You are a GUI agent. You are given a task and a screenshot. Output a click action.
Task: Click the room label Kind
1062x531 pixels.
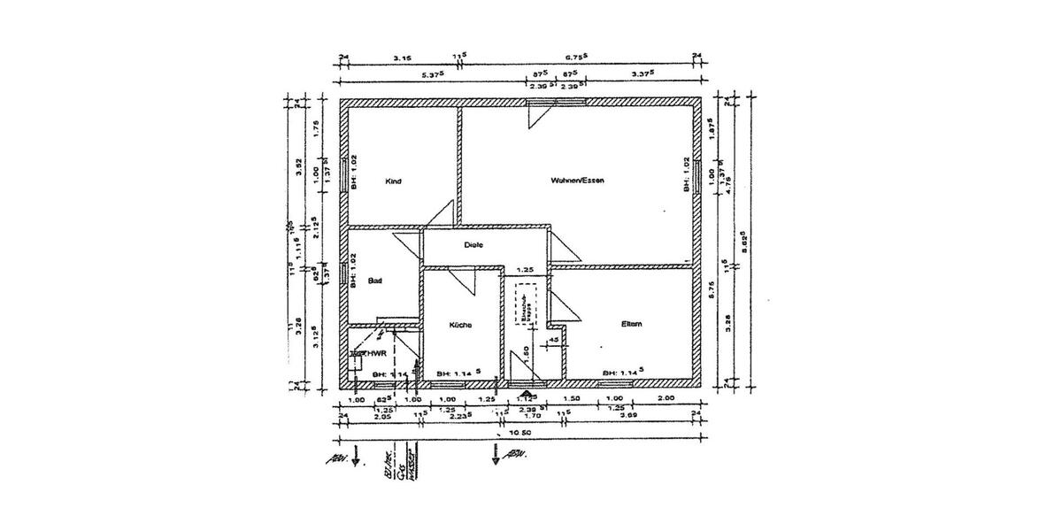394,181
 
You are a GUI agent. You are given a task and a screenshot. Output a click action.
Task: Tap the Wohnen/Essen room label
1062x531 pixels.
576,181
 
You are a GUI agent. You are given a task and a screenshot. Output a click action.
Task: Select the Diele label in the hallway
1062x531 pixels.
473,245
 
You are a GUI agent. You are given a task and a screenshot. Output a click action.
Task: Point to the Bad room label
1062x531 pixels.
375,281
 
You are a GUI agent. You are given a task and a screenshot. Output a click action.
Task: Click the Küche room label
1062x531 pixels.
460,325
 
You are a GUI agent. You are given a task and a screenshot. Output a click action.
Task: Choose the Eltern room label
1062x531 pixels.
631,324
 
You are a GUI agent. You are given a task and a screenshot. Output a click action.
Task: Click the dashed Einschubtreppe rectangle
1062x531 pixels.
525,304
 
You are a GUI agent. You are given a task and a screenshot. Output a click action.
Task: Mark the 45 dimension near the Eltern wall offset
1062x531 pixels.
553,339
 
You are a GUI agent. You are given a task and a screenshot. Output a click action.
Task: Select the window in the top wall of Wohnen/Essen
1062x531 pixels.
540,103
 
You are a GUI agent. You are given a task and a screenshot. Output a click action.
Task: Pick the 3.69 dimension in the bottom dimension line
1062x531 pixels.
629,414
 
